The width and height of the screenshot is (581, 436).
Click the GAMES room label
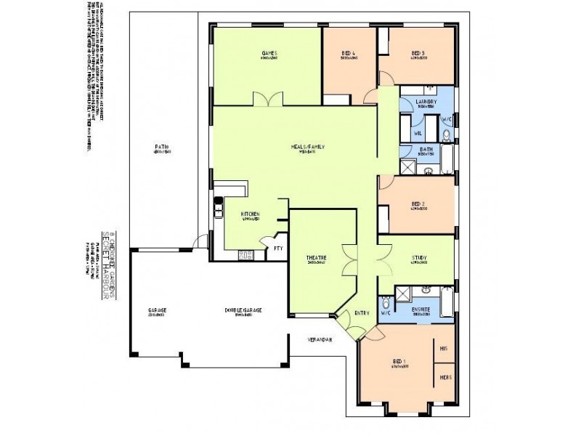click(x=270, y=53)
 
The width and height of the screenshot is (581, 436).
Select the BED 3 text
click(x=417, y=53)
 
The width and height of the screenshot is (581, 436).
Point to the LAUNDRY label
click(x=425, y=103)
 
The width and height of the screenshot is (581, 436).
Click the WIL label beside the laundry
click(x=418, y=133)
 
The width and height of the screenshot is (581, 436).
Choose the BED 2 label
click(x=417, y=204)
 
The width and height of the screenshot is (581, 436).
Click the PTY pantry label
click(x=277, y=248)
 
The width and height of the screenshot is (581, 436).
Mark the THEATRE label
click(x=315, y=257)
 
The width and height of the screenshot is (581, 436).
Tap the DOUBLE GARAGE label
click(x=243, y=310)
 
